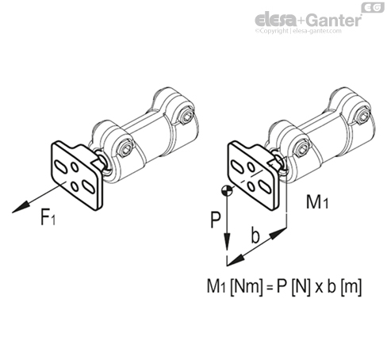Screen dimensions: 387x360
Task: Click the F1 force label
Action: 48,216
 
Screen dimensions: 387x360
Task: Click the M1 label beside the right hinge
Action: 317,202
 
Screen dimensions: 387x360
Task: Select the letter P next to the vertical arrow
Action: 216,220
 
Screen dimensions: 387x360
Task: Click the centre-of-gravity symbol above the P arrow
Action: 227,190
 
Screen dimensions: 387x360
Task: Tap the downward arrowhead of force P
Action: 227,241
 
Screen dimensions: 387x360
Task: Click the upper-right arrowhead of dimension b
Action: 278,233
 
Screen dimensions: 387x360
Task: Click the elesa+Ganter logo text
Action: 308,20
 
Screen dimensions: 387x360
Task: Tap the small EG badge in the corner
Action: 373,8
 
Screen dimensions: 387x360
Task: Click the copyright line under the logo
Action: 298,31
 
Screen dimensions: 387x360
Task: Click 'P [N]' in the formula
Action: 293,286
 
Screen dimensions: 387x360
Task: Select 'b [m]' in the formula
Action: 344,286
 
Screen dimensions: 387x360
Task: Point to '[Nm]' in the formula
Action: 247,287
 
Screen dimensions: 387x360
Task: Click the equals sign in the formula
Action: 270,288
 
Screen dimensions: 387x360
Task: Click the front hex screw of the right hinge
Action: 302,148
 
